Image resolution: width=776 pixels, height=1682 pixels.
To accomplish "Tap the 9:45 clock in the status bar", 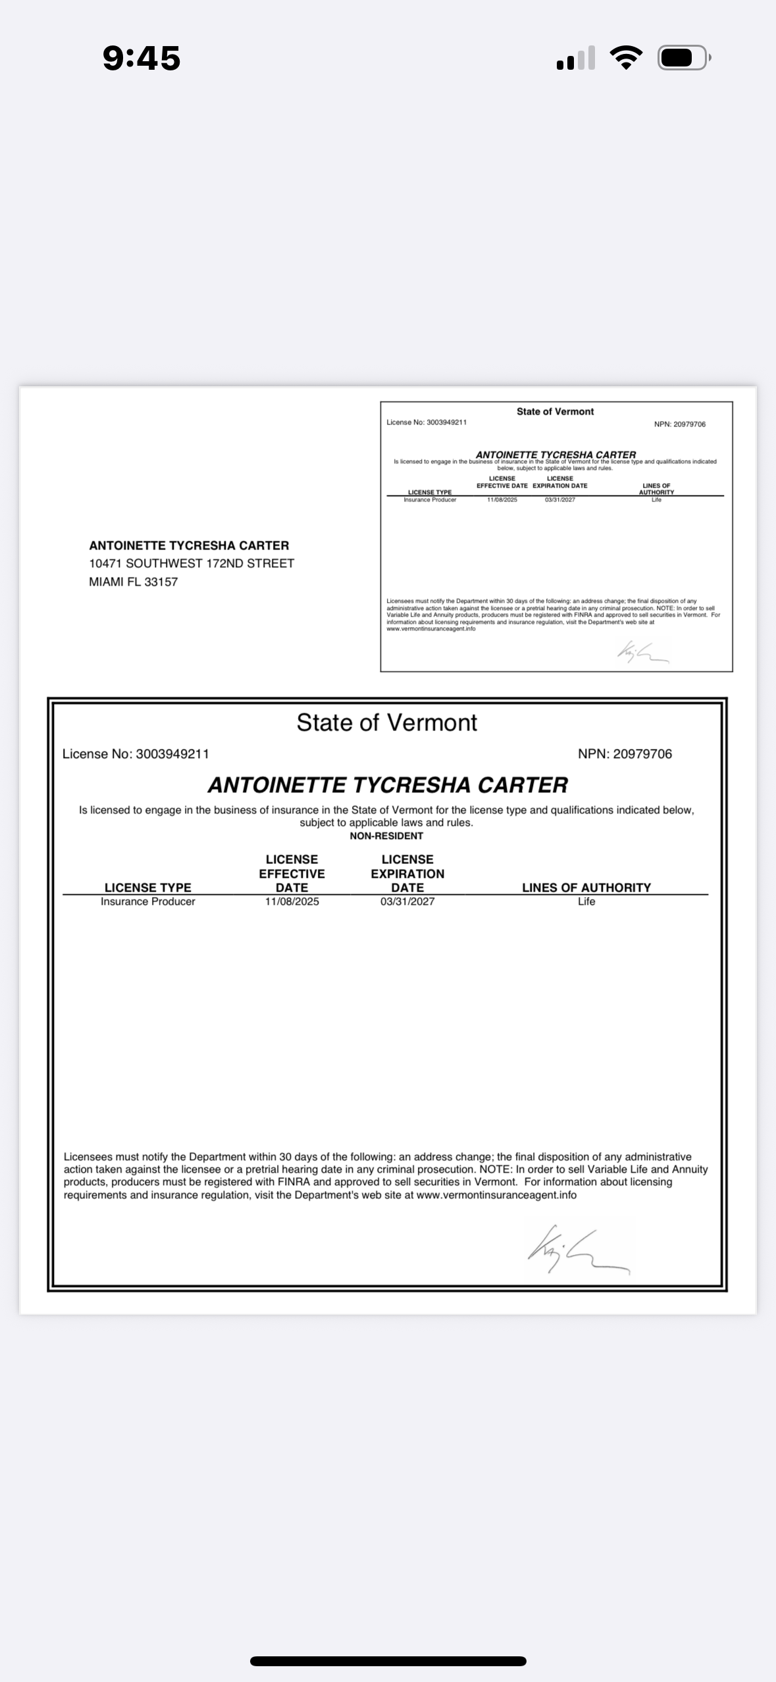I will click(142, 58).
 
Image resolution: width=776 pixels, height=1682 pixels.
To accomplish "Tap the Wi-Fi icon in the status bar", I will click(627, 58).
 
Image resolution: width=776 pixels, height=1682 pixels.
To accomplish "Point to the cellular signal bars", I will click(576, 58).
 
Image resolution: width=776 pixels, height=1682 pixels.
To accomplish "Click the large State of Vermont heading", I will click(386, 723).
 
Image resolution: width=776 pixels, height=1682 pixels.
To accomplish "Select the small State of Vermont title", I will click(555, 411).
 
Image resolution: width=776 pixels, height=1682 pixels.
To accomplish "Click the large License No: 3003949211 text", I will click(136, 754).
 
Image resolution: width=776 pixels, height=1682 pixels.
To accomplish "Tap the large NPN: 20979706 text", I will click(625, 754).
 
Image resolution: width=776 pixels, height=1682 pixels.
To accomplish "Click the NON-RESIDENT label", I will click(386, 836).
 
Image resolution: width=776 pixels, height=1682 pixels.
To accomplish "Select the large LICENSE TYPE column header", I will click(147, 887).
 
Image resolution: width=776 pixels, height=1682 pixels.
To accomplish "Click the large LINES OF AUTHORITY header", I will click(586, 887).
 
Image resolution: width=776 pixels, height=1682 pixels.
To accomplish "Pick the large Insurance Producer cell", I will click(147, 902).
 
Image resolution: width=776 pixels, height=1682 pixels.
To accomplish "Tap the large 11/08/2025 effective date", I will click(292, 902).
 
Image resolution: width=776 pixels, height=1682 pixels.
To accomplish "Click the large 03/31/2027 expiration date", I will click(407, 902).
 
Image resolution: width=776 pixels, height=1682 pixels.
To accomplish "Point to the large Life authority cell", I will click(586, 902).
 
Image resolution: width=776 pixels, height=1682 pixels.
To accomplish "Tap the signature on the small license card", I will click(642, 651).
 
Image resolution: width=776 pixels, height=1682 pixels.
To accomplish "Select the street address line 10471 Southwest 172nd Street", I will click(192, 563).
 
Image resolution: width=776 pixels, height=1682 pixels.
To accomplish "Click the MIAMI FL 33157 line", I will click(133, 582).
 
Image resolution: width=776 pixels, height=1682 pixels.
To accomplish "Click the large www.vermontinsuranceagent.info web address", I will click(496, 1195).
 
